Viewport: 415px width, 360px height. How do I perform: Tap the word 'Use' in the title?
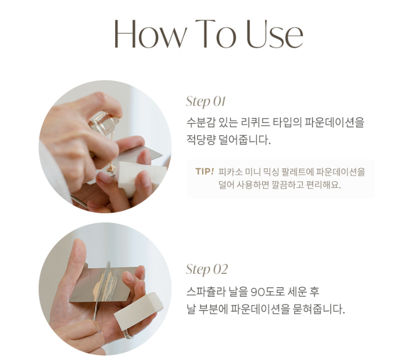click(x=274, y=34)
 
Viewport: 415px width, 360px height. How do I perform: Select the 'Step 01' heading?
click(x=205, y=101)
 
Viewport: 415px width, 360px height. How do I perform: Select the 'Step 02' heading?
click(x=206, y=269)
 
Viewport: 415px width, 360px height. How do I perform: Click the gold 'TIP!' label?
click(x=204, y=171)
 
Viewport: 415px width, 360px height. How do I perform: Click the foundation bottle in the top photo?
click(x=105, y=123)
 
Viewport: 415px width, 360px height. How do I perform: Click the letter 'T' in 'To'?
click(x=205, y=34)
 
